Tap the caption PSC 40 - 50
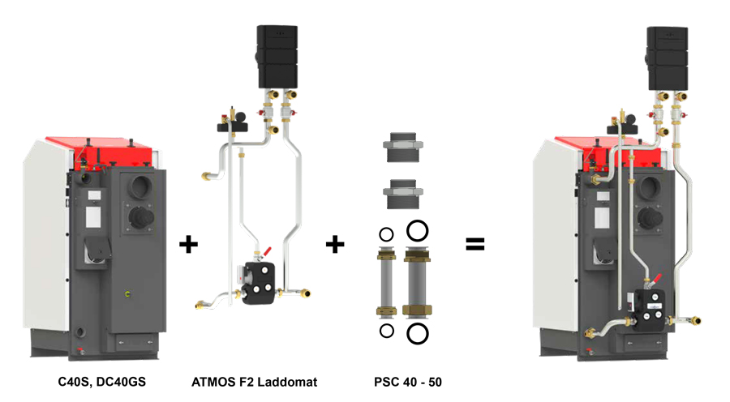(x=401, y=380)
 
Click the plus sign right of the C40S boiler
(x=188, y=244)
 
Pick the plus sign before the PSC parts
(x=334, y=244)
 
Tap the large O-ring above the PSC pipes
(x=418, y=231)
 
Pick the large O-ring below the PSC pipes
(x=418, y=332)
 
